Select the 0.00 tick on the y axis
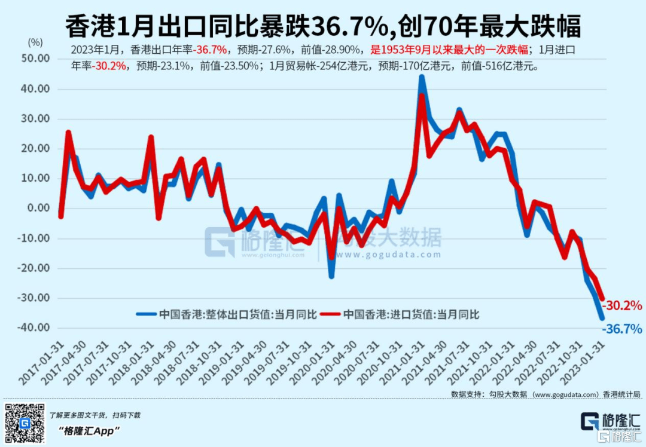[x=38, y=208]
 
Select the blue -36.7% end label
[x=622, y=329]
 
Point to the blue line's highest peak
[x=422, y=76]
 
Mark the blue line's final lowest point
[x=602, y=318]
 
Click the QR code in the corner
[x=25, y=423]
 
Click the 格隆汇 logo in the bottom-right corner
[x=611, y=422]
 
